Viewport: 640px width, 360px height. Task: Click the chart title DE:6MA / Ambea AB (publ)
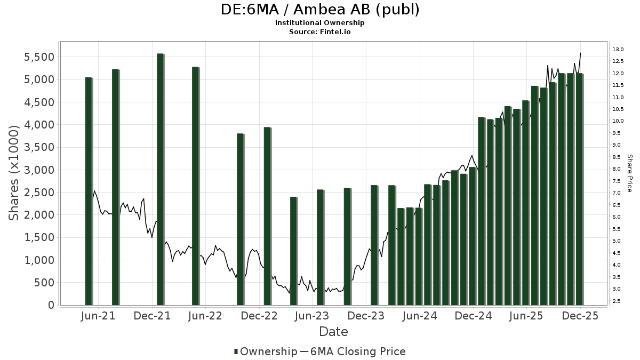pyautogui.click(x=320, y=10)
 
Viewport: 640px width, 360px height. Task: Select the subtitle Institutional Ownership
pyautogui.click(x=320, y=23)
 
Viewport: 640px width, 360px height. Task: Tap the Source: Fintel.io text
pyautogui.click(x=320, y=31)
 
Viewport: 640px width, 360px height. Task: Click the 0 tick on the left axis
pyautogui.click(x=51, y=305)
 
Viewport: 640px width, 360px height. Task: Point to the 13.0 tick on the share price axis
pyautogui.click(x=618, y=50)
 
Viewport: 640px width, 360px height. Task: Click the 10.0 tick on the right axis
pyautogui.click(x=618, y=121)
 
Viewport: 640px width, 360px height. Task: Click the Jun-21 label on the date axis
pyautogui.click(x=99, y=316)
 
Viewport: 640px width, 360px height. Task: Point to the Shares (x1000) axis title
pyautogui.click(x=14, y=173)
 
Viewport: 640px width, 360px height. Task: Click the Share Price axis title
pyautogui.click(x=629, y=173)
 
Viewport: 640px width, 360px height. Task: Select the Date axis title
pyautogui.click(x=333, y=332)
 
